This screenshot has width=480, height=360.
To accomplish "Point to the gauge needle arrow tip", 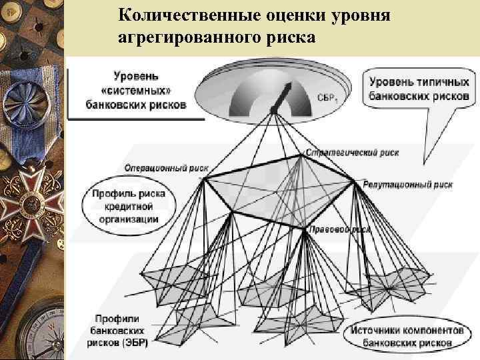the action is click(291, 85).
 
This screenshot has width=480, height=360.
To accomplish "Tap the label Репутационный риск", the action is click(408, 183).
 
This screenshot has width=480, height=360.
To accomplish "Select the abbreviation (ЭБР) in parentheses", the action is click(136, 343).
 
